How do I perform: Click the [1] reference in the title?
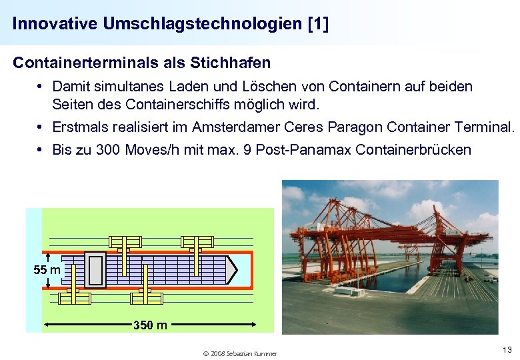[x=318, y=24]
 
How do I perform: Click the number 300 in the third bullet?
[x=108, y=149]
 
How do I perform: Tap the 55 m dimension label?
[x=47, y=270]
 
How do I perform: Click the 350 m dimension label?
[x=151, y=325]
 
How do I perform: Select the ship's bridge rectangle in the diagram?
[x=95, y=270]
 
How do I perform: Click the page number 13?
[x=506, y=350]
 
